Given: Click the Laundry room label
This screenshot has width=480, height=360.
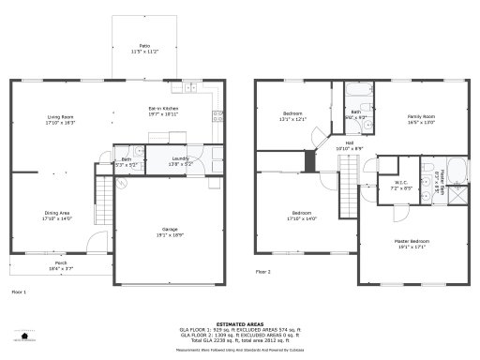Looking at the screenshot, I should coord(180,161).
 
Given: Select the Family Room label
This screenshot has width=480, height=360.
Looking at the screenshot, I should coord(422,119).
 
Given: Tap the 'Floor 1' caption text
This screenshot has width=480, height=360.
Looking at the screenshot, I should coord(19,292).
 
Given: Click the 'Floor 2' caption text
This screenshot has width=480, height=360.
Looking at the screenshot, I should coord(263,271).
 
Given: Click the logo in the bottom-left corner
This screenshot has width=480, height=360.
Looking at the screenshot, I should coord(21,336).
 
